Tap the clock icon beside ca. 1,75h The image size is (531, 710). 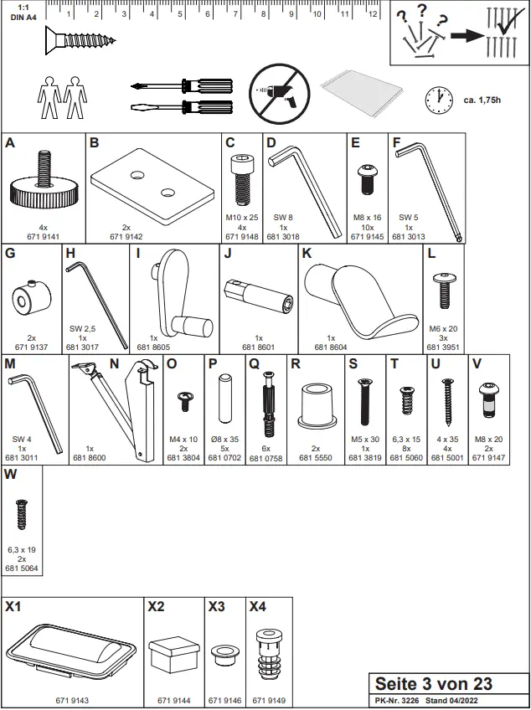[438, 99]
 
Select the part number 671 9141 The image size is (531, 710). [43, 237]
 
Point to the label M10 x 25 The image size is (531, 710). [242, 218]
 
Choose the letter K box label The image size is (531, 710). [307, 253]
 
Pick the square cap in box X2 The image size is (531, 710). [174, 653]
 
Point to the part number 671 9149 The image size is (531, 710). [270, 699]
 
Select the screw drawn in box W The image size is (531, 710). [22, 515]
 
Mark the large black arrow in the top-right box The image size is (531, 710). [465, 36]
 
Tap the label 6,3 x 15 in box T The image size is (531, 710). [408, 440]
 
